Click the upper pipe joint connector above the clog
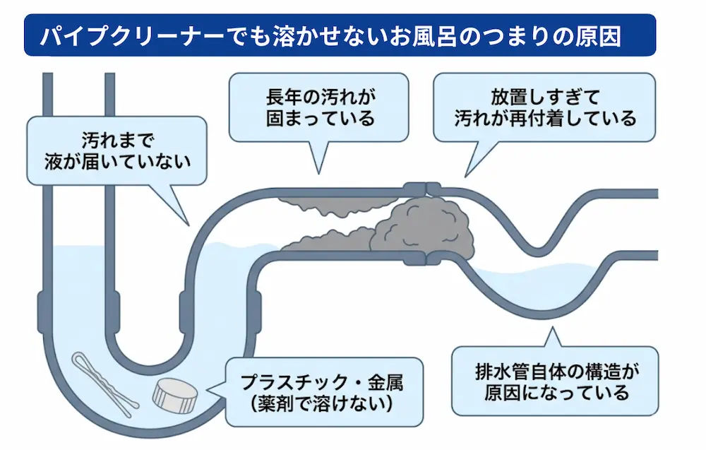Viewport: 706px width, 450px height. tap(422, 189)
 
